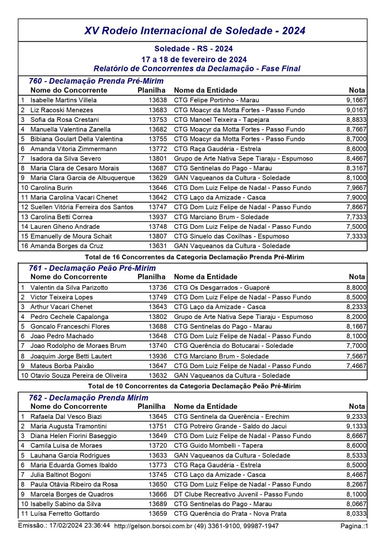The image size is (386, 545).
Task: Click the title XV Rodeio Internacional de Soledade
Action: [195, 31]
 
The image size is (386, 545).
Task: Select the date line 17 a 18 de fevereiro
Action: [194, 59]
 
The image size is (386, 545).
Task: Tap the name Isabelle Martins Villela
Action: [63, 100]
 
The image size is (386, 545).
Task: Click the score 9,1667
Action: [356, 100]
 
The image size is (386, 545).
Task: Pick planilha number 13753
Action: [158, 120]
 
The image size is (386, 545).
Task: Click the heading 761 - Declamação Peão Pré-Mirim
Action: [92, 268]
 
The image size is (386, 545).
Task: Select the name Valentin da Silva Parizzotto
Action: [69, 287]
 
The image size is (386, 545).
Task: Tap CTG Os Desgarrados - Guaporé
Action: [222, 287]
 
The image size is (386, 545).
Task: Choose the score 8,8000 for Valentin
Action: [356, 287]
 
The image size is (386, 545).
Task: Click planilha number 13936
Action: [158, 356]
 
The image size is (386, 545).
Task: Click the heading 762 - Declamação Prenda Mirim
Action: [88, 397]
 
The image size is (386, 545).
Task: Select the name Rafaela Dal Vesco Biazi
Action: [66, 416]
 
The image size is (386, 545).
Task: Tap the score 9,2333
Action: [356, 416]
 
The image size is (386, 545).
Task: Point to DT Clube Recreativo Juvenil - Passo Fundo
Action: [238, 494]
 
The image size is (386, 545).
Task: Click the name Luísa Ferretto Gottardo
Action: [65, 513]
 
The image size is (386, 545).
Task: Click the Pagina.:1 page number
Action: [354, 526]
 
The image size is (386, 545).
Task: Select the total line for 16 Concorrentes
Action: [194, 257]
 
